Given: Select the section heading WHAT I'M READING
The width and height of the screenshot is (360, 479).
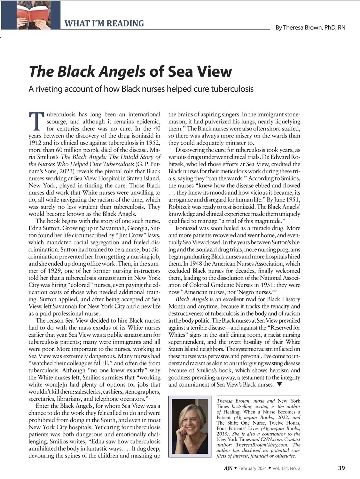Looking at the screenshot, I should coord(104,24).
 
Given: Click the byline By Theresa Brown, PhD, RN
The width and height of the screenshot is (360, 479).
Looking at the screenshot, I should coord(310,27).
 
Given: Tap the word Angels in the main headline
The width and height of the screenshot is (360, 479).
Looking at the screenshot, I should coord(122,71).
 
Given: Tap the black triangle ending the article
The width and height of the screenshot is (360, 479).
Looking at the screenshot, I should coord(279,384).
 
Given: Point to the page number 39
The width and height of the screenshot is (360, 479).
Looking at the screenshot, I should coord(341,468).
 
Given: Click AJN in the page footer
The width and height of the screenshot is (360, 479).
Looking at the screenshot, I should coord(228,468).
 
